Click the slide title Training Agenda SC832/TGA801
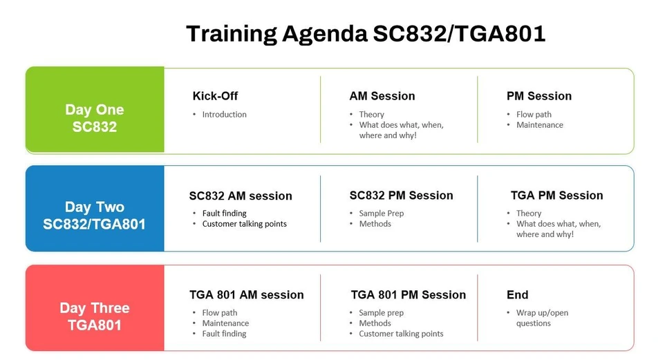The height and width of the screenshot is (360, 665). point(366,33)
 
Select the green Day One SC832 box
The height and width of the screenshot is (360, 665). point(95,111)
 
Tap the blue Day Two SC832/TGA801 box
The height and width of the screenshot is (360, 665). point(95,209)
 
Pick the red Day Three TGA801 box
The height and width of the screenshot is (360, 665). point(95,308)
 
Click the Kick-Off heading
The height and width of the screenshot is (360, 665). point(215,96)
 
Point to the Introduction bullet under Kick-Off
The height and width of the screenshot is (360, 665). point(224,115)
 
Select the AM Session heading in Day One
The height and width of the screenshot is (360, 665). point(382,96)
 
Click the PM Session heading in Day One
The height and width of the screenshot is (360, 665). point(539,96)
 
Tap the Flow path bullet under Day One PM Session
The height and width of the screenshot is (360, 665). point(534,115)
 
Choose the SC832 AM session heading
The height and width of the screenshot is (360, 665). point(241,196)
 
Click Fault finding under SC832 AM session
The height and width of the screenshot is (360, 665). point(224,214)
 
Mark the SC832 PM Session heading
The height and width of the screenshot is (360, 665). point(401,196)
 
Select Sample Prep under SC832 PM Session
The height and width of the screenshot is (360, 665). point(381,214)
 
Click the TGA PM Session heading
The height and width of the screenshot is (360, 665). point(556,196)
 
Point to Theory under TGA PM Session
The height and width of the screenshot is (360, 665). point(529,214)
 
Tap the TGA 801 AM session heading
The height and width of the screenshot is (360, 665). point(246,295)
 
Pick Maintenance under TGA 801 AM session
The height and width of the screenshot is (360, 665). point(225,323)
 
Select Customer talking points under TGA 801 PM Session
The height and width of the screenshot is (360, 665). point(401,334)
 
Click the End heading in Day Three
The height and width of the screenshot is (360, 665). point(517,295)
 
